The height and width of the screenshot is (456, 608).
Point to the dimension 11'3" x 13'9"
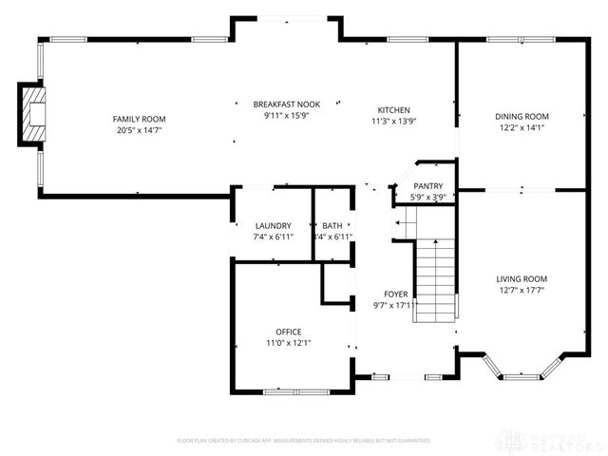point(393,121)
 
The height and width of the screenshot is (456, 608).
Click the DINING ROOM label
point(522,116)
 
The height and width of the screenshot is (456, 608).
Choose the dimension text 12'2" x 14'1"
point(522,128)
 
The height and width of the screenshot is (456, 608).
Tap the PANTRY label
point(427,186)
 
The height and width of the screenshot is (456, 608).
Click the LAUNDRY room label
point(273,225)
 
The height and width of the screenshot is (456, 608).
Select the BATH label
point(332,225)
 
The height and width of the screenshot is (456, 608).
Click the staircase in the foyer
point(436,280)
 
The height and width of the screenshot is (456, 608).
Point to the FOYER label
point(396,294)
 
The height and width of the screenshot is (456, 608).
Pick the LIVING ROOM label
point(522,278)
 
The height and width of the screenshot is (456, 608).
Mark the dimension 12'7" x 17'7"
point(522,291)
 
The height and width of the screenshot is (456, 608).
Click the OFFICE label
point(289,332)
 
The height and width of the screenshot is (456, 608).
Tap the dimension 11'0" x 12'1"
point(289,343)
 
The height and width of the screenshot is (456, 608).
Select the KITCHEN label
point(393,109)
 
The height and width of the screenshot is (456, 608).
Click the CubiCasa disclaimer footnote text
point(304,441)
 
